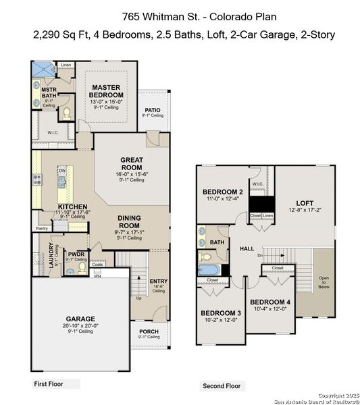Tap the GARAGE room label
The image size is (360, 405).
coord(80,319)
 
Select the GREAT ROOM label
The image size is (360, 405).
coord(132,163)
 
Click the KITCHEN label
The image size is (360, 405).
coord(72,207)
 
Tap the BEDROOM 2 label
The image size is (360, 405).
coord(223,192)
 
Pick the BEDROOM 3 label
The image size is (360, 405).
coord(221,313)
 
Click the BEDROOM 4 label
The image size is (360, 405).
coord(270,302)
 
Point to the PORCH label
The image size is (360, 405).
coord(149,331)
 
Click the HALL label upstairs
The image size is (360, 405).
coord(247,249)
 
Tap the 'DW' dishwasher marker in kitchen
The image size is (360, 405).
coord(61,171)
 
